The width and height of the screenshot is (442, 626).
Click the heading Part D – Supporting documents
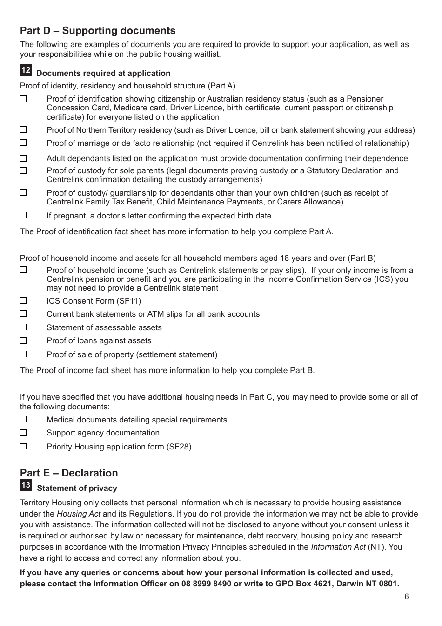point(98,31)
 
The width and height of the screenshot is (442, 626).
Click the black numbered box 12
point(26,70)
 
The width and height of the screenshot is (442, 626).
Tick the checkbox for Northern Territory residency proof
point(23,129)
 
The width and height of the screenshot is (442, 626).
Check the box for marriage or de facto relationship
point(23,143)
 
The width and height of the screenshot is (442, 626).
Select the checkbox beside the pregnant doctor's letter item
point(23,215)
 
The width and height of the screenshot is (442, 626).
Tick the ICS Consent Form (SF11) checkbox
point(23,301)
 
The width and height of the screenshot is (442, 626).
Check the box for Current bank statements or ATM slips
point(23,314)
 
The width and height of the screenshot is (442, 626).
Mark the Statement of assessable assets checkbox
point(23,327)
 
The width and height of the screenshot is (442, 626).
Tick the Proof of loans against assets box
point(23,340)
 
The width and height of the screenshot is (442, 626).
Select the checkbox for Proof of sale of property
point(23,354)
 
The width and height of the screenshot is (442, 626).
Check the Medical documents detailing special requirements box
point(23,419)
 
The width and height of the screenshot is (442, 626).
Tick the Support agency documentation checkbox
point(23,433)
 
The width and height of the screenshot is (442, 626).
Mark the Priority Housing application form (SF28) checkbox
point(23,446)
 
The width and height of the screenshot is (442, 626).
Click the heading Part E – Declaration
point(69,473)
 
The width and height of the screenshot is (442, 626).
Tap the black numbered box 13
point(26,485)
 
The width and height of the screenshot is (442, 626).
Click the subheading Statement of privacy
point(77,489)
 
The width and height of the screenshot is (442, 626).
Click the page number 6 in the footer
point(407,597)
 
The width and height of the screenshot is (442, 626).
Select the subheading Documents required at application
point(103,73)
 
